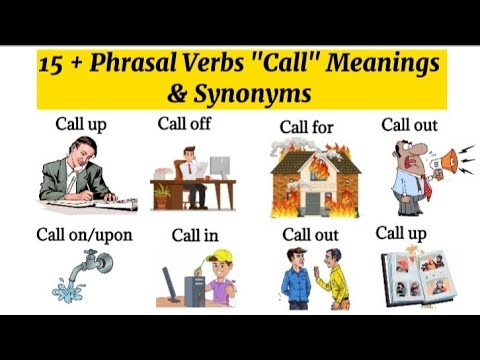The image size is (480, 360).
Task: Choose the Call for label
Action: (x=306, y=128)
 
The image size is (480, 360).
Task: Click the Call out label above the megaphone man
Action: (x=409, y=125)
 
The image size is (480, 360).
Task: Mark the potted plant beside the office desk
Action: (x=162, y=195)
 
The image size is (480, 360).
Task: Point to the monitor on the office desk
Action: (x=217, y=167)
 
